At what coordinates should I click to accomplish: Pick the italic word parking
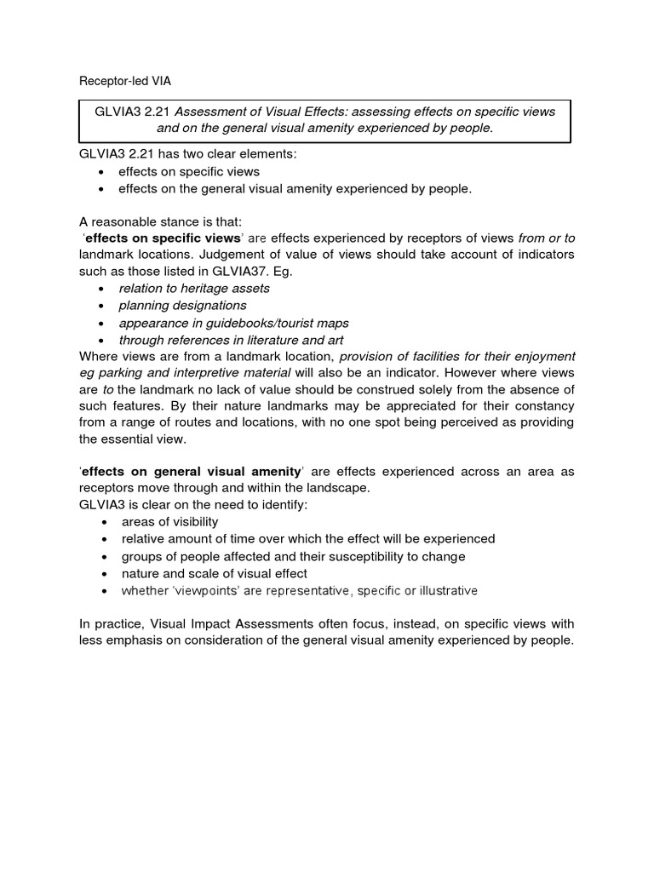click(118, 372)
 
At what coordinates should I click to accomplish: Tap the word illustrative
click(441, 590)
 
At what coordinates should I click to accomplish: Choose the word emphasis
click(135, 640)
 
